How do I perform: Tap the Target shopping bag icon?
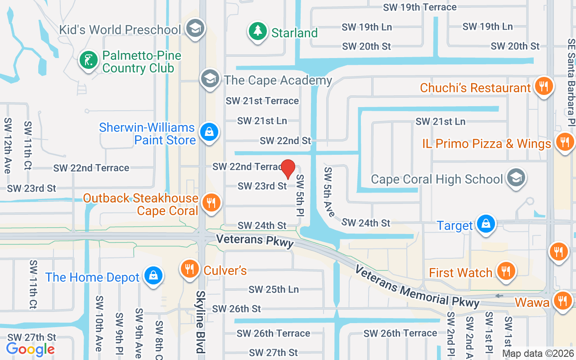[486, 224]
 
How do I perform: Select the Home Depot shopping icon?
[153, 275]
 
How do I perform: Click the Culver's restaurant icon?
[190, 269]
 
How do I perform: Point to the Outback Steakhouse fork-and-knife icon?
[210, 202]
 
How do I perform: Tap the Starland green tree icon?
[257, 31]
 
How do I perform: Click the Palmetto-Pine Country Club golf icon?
[89, 60]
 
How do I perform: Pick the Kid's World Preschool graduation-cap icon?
[195, 28]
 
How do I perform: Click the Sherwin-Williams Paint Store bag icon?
[209, 132]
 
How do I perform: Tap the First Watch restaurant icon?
[506, 271]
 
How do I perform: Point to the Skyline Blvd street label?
[199, 321]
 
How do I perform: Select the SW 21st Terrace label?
[262, 101]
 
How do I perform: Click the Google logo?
[30, 349]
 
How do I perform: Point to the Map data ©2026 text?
[538, 353]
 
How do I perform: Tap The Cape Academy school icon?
[210, 79]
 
